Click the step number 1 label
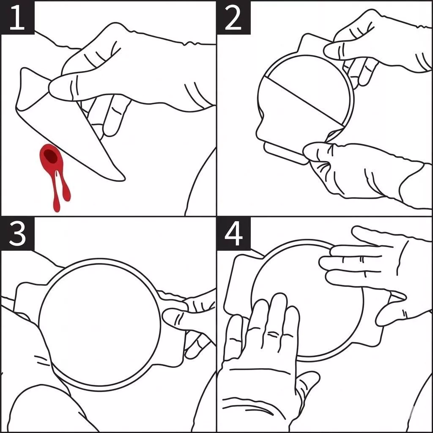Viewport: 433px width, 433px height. pyautogui.click(x=17, y=18)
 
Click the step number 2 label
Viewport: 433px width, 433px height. pyautogui.click(x=233, y=18)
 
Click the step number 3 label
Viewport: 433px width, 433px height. pyautogui.click(x=17, y=234)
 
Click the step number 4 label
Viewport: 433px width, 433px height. pyautogui.click(x=233, y=234)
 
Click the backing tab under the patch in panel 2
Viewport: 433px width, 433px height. pyautogui.click(x=285, y=153)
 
